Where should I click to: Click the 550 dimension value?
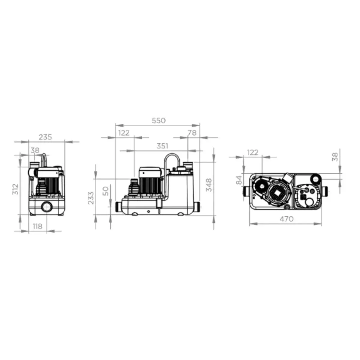[x=158, y=121]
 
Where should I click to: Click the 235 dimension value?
[x=45, y=137]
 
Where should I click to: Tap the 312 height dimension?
[x=16, y=189]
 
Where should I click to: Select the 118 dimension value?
[x=37, y=226]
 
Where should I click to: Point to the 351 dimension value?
[x=162, y=146]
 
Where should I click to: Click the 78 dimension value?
[x=192, y=133]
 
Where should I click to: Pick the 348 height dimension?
[x=209, y=185]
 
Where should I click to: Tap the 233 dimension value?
[x=91, y=198]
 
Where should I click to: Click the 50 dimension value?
[x=106, y=191]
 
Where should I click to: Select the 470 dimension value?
[x=286, y=219]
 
